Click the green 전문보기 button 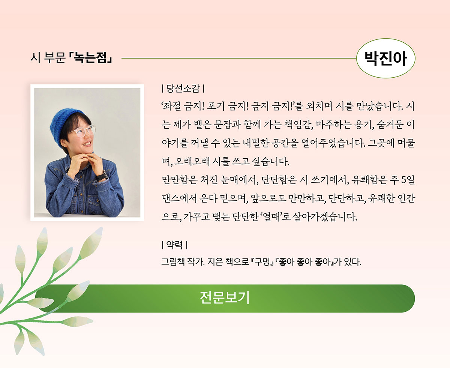(x=225, y=298)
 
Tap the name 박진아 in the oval (x=385, y=59)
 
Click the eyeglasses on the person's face (x=81, y=131)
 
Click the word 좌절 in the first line (x=171, y=107)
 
